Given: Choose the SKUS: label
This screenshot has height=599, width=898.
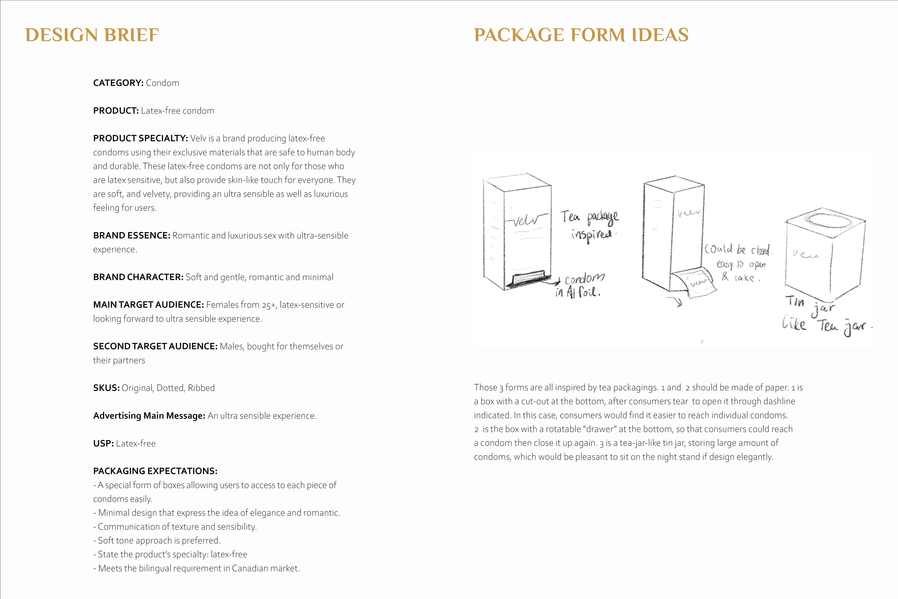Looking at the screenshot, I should (107, 388).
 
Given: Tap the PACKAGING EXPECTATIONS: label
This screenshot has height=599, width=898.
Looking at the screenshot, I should (155, 471).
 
